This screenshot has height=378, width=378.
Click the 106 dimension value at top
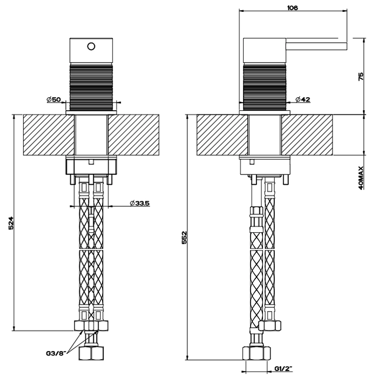coord(293,7)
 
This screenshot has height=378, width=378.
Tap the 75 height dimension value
coord(361,77)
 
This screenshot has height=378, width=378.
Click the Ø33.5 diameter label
coord(139,203)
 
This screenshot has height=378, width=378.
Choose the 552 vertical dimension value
coord(184,238)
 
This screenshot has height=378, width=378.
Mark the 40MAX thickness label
coord(361,178)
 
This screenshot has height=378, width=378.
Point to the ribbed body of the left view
coord(91,86)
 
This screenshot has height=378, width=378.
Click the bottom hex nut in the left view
coord(91,354)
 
